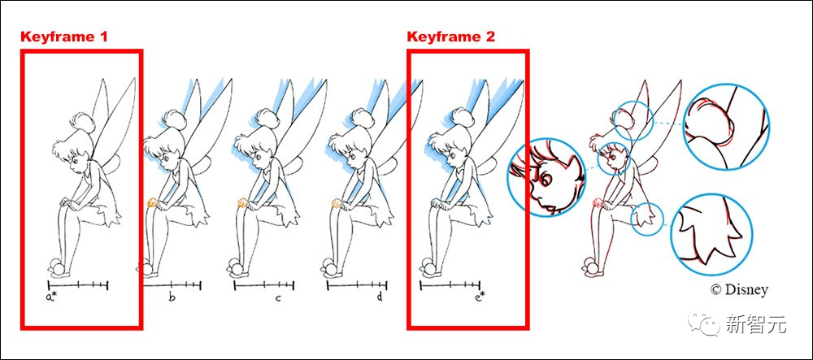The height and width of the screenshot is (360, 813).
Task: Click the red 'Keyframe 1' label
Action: (x=64, y=37)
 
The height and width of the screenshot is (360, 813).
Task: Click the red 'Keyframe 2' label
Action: (x=451, y=37)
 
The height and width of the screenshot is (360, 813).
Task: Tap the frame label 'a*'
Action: (x=50, y=297)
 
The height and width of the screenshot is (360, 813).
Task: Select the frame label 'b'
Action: (x=172, y=297)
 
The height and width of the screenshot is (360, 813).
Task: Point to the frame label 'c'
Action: (x=278, y=298)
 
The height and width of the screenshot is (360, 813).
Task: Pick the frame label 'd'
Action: (x=380, y=297)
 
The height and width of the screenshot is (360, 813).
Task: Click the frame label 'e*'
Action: (x=480, y=297)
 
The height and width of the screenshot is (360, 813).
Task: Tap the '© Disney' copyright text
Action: (x=739, y=289)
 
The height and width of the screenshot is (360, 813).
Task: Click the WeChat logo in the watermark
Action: (x=703, y=323)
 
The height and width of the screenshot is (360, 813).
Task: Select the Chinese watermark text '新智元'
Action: (x=756, y=324)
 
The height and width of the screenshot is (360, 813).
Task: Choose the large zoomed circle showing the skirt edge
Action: (x=712, y=234)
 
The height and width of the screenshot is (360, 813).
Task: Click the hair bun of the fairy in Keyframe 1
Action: (x=81, y=122)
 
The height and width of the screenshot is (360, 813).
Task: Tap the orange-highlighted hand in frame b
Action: (x=153, y=202)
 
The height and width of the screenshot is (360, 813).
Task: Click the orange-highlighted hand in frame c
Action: (x=242, y=202)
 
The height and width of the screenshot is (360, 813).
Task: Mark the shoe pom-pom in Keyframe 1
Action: (x=56, y=267)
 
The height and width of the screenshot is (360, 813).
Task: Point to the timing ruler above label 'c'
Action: (x=264, y=285)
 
